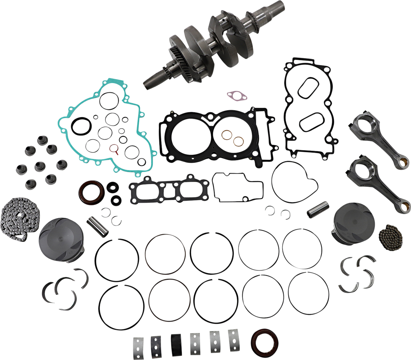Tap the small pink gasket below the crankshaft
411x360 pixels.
pos(237,95)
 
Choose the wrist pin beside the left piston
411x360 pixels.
pos(98,226)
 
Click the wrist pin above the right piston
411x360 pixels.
pos(318,209)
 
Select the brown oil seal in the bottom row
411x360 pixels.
pos(264,341)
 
